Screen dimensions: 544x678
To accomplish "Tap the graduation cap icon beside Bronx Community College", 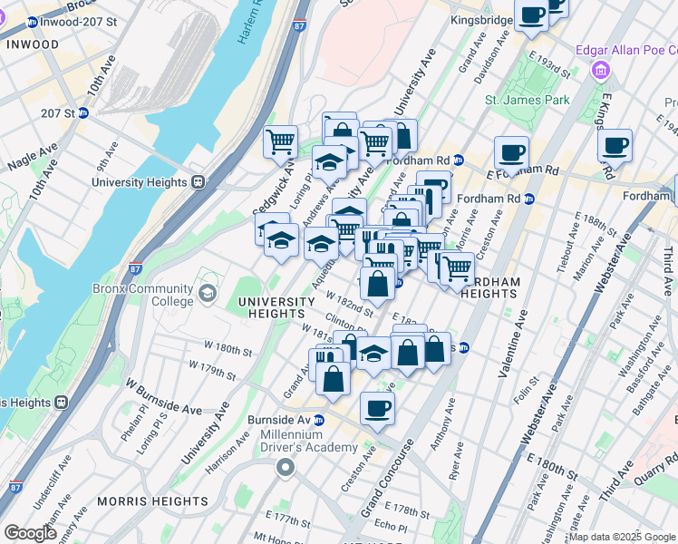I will click(x=208, y=293).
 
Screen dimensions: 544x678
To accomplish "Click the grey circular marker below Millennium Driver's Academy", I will click(x=286, y=468).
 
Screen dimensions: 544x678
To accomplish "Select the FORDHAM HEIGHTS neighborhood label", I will click(x=490, y=287).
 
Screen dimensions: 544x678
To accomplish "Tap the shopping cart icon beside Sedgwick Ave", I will click(x=281, y=141).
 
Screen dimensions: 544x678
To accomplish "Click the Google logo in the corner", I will click(x=29, y=533).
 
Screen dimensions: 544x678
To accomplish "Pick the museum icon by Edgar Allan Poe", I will click(x=598, y=70).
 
